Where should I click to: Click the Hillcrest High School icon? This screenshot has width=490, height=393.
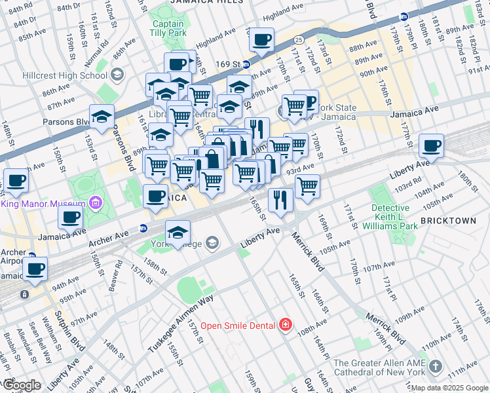tap(118, 74)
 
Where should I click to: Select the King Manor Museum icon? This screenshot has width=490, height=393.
tap(97, 203)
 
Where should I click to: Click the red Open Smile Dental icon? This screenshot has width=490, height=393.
tap(285, 326)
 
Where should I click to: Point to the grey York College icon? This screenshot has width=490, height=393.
tap(212, 244)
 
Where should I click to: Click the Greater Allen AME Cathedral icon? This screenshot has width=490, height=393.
tap(437, 364)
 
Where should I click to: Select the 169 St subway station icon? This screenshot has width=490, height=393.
tap(246, 64)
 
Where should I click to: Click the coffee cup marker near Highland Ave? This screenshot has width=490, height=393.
tap(261, 39)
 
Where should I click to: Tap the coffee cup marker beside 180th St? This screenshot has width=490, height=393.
tap(431, 145)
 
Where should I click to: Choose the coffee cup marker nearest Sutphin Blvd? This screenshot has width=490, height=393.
tap(35, 267)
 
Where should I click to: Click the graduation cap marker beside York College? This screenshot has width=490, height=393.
tap(178, 233)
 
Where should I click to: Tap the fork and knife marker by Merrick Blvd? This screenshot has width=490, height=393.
tap(280, 200)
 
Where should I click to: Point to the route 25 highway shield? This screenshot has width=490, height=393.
tap(298, 40)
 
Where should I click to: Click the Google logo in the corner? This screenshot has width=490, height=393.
tap(21, 386)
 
